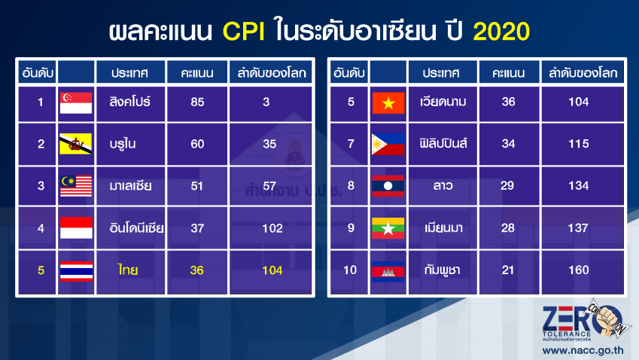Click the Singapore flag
(x=76, y=102)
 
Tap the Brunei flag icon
(x=76, y=144)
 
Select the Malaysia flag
(x=76, y=186)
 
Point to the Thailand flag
(x=76, y=271)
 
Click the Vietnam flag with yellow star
(x=388, y=102)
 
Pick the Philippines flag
(x=388, y=144)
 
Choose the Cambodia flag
(x=388, y=272)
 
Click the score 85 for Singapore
(x=197, y=102)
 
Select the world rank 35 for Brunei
(x=269, y=144)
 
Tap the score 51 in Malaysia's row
(x=197, y=186)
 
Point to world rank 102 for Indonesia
(x=272, y=228)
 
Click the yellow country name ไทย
(x=128, y=270)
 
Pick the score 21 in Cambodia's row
(x=508, y=270)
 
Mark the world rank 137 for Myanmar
(x=578, y=228)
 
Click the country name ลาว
(x=443, y=186)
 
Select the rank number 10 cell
(x=350, y=270)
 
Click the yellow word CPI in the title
(x=244, y=32)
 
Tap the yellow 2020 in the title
(x=501, y=32)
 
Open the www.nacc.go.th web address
(x=583, y=350)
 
